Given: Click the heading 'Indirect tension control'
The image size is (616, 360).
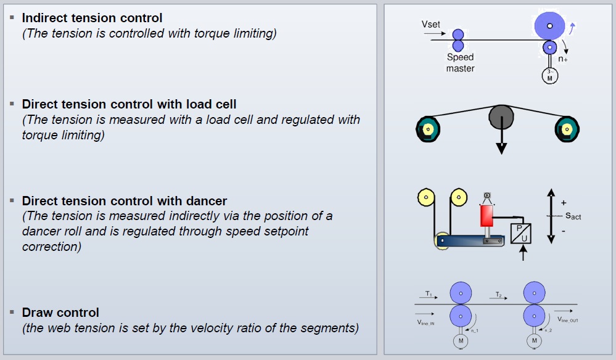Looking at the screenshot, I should coord(92,18).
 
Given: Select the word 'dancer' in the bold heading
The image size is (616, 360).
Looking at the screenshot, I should coord(207,201).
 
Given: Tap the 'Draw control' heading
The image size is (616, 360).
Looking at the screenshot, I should coord(60,313).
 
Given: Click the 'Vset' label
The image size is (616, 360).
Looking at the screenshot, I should coord(430,24).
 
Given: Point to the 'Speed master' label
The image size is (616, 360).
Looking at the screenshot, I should coord(460,63).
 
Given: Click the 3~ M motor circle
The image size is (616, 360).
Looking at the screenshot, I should coord(549,76).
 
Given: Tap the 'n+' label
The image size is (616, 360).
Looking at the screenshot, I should coord(563,59).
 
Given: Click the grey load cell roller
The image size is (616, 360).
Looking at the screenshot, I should coord(501,117).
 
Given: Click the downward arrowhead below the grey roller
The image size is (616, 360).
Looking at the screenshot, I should coord(501,149).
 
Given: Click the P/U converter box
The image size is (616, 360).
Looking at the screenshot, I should coord(522,232).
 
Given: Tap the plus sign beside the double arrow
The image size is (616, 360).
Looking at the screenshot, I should coord(564,202).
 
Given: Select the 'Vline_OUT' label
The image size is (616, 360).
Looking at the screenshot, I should coord(568,320).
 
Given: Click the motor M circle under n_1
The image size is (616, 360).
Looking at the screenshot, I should coord(461,340).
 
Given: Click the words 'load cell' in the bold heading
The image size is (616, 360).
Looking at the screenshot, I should coord(211,104).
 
